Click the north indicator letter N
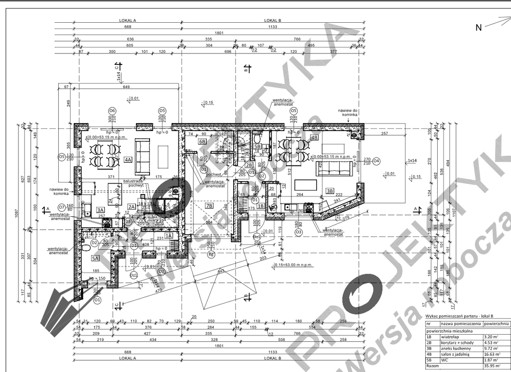(479, 27)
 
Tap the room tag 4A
(128, 160)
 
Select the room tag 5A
(96, 258)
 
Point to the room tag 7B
(210, 205)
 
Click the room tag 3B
(330, 191)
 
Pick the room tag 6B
(202, 141)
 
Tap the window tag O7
(62, 207)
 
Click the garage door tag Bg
(211, 255)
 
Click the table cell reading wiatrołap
(449, 337)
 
